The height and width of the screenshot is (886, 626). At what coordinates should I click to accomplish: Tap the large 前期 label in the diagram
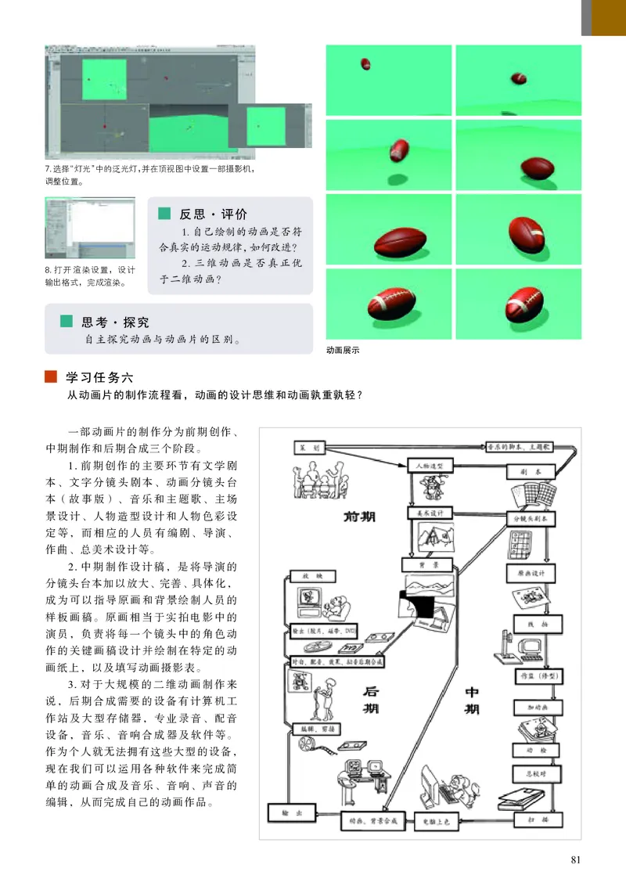359,517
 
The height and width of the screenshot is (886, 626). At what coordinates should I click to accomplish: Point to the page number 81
576,860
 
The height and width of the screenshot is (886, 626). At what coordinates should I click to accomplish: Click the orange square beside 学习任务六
51,377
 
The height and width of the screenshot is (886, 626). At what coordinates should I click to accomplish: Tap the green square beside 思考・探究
67,322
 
